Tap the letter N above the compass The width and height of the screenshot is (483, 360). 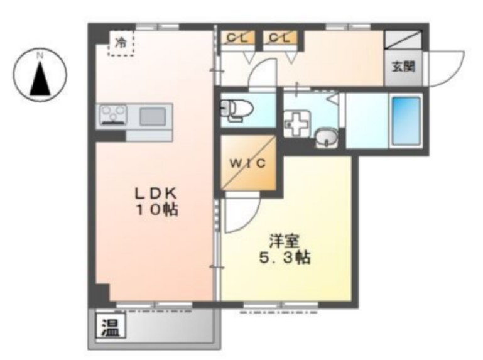[40, 56]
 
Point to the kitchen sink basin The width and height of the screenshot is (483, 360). [153, 116]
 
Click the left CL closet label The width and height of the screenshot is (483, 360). [237, 38]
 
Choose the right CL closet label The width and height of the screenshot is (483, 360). [279, 38]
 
